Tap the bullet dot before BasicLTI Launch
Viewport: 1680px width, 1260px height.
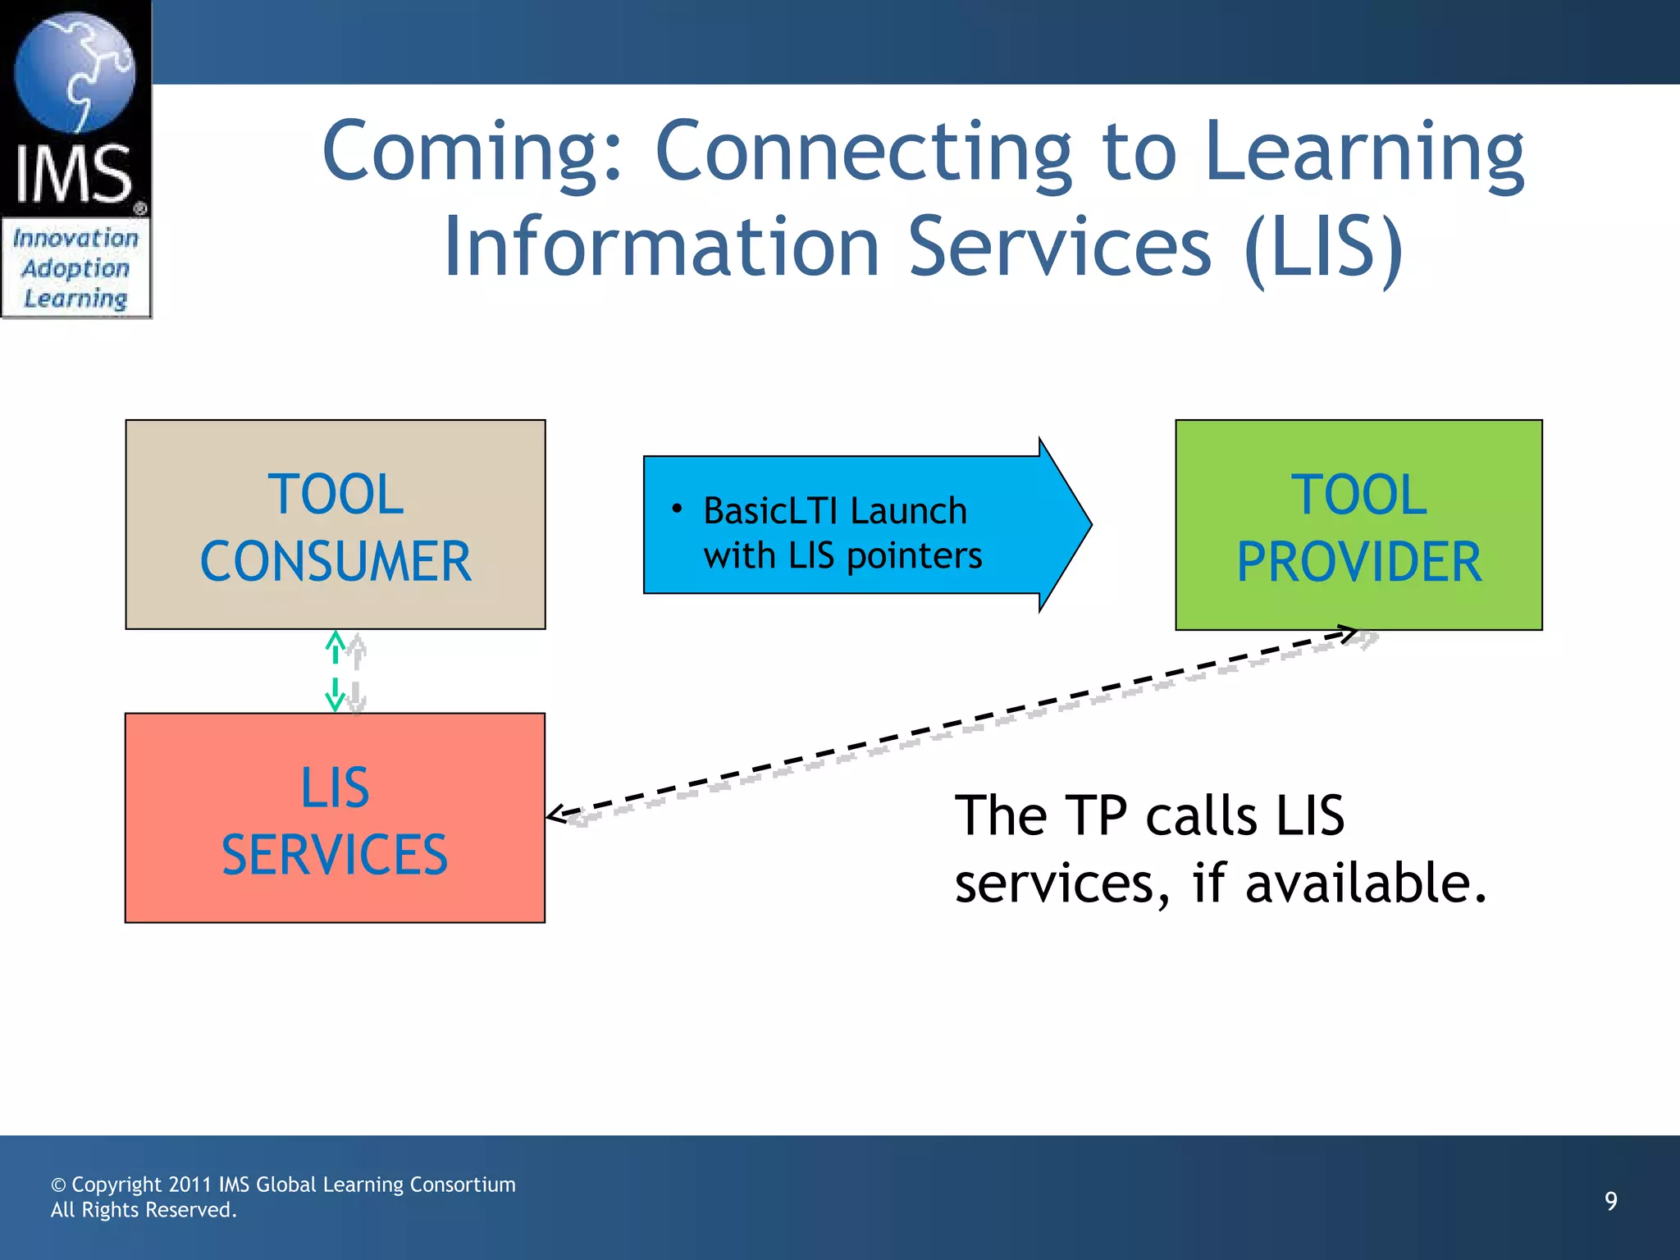point(677,509)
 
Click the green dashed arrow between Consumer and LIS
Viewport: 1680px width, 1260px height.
point(335,670)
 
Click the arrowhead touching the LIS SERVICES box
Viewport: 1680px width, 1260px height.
point(557,814)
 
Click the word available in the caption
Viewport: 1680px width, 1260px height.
point(1365,883)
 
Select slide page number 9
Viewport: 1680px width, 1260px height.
point(1610,1201)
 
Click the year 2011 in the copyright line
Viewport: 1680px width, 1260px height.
point(189,1185)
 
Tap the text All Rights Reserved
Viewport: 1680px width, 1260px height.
point(144,1210)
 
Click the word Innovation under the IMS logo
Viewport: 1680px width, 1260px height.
point(75,238)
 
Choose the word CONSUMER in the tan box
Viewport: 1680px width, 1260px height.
point(336,563)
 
